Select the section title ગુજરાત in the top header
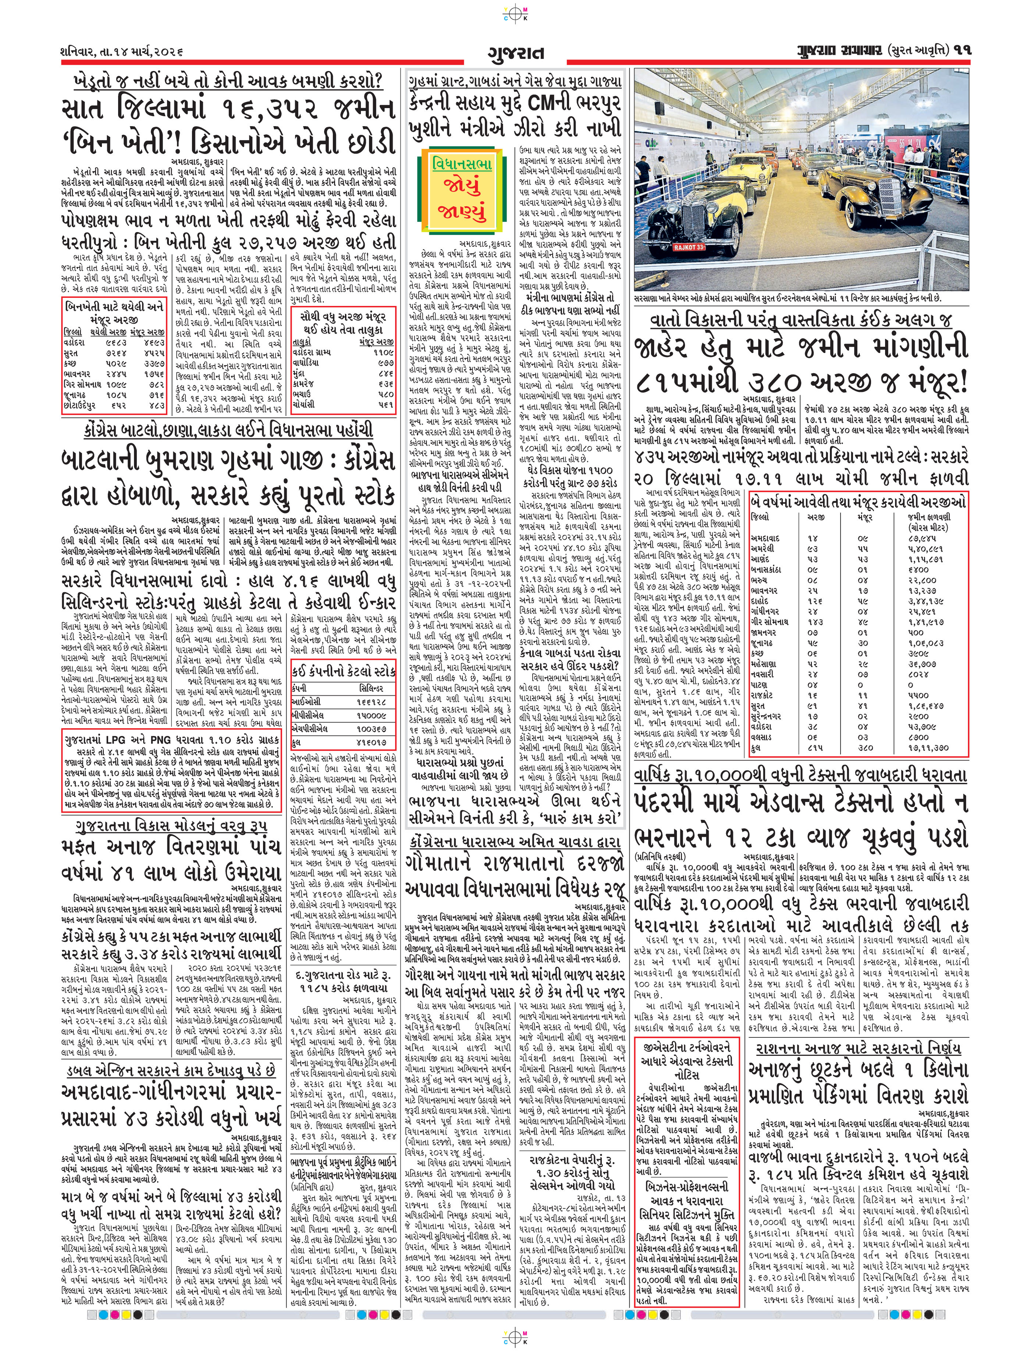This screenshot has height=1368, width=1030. (515, 53)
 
